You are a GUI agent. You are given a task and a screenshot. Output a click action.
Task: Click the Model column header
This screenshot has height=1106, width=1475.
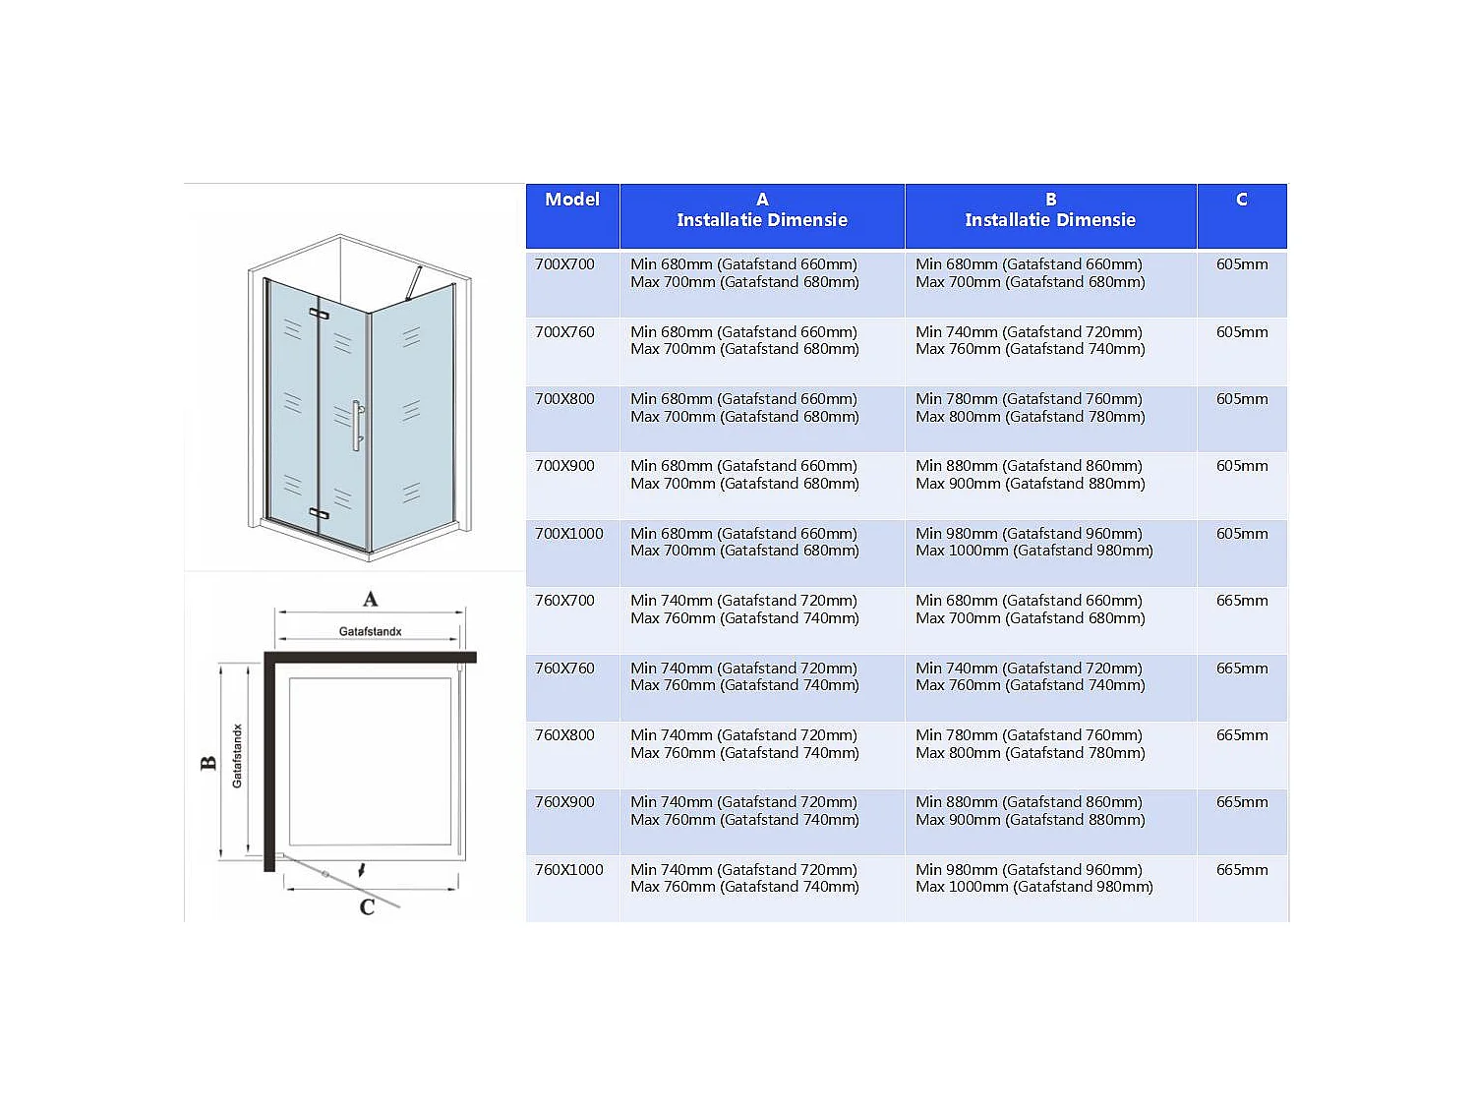click(x=572, y=200)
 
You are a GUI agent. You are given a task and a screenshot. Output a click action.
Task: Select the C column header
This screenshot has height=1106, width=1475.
click(x=1241, y=200)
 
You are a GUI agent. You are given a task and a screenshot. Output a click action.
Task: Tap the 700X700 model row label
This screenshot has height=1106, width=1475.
click(x=564, y=264)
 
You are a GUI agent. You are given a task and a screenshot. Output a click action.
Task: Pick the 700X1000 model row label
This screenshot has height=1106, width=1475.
click(x=568, y=534)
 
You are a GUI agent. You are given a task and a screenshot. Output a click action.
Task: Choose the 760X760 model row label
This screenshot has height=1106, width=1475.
click(x=564, y=669)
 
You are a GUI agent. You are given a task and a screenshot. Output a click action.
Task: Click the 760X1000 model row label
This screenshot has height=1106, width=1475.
click(x=568, y=870)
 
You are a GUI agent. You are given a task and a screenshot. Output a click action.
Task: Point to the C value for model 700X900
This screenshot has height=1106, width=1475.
click(x=1241, y=466)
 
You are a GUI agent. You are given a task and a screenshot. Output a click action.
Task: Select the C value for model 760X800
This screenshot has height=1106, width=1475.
click(x=1241, y=735)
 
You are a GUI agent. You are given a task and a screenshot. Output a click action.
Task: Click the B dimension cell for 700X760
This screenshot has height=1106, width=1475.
click(x=1030, y=341)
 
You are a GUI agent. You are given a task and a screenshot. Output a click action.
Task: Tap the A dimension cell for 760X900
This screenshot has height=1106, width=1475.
click(x=744, y=811)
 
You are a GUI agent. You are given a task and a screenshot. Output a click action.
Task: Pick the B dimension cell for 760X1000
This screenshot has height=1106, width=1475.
click(x=1033, y=879)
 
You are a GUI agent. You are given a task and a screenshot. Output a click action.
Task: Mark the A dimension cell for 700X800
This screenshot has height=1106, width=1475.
click(x=744, y=408)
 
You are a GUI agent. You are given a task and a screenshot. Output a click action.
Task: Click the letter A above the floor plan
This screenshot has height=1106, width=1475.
click(x=370, y=599)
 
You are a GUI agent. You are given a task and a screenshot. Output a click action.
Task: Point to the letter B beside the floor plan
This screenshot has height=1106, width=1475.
click(x=208, y=763)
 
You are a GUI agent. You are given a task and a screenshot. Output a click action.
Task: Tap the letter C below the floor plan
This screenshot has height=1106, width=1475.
click(x=367, y=906)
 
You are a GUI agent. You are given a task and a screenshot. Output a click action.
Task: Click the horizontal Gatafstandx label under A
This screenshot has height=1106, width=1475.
click(x=370, y=631)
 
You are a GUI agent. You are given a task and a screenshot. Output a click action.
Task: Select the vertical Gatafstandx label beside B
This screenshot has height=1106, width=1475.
click(x=237, y=756)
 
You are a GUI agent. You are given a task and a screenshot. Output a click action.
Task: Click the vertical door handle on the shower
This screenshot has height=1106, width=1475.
click(x=358, y=425)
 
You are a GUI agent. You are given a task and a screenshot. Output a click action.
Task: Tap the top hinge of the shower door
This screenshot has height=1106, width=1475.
click(x=319, y=314)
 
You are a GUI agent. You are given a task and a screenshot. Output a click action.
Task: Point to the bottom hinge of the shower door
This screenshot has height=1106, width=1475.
click(x=319, y=513)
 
